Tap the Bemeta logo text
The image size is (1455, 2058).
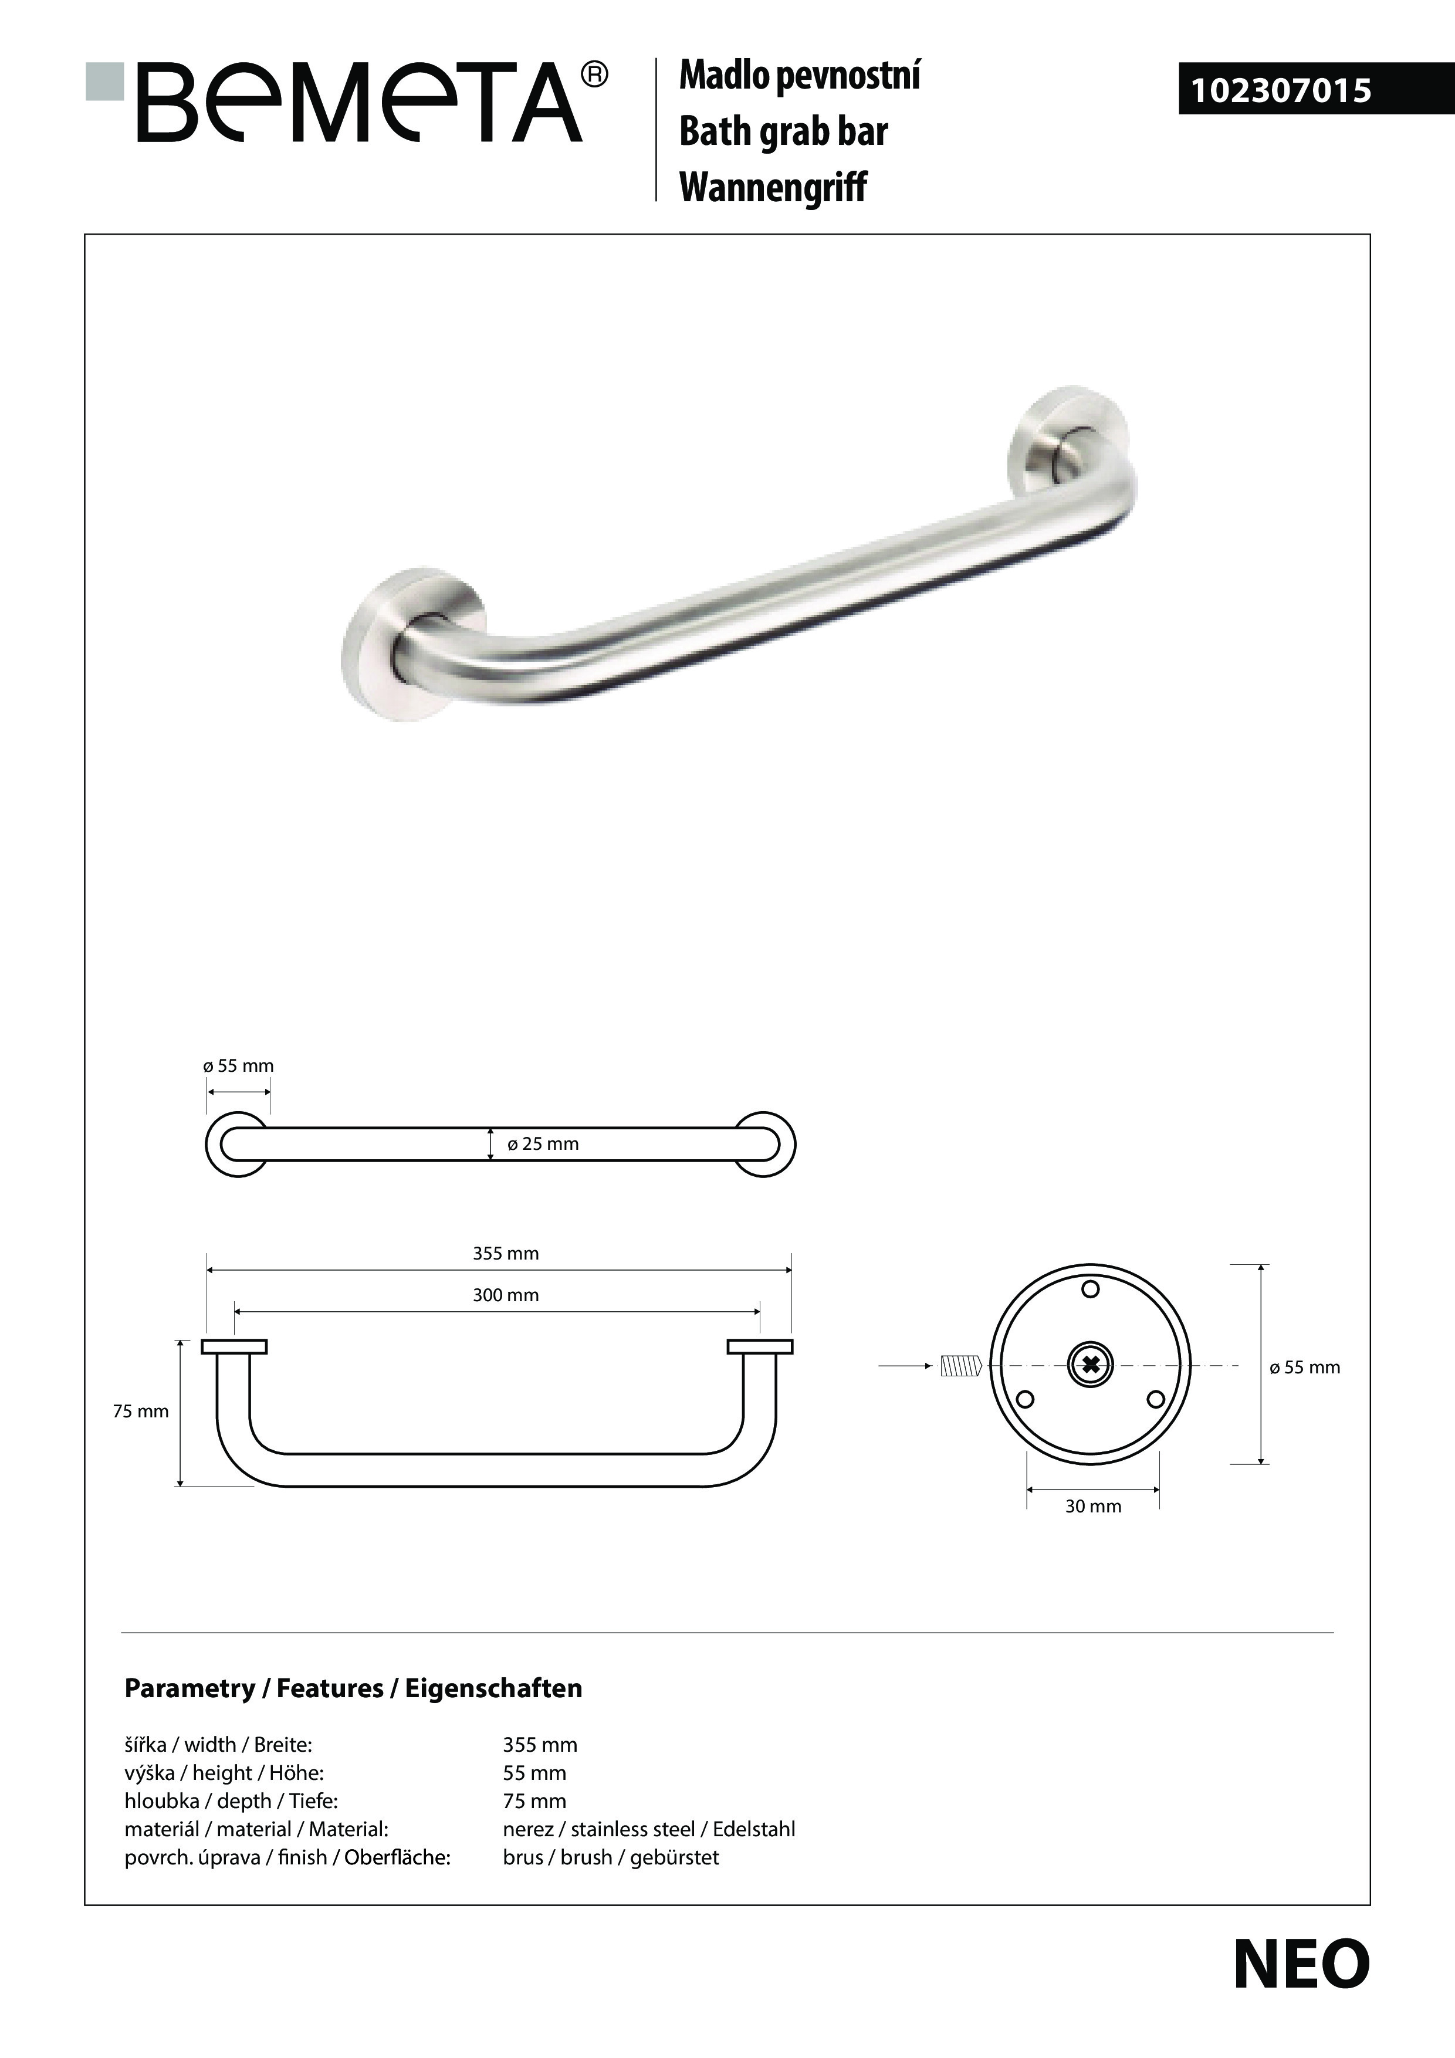click(x=358, y=103)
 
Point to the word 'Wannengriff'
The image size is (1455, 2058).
click(x=773, y=187)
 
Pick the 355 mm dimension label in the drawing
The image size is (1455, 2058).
click(x=506, y=1253)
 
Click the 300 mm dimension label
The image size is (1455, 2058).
click(x=506, y=1294)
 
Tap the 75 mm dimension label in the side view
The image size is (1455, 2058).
click(x=141, y=1411)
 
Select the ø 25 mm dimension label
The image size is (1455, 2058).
click(x=543, y=1144)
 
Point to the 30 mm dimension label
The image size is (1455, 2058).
click(x=1093, y=1506)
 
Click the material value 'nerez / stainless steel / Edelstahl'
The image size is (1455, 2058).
click(x=649, y=1829)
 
